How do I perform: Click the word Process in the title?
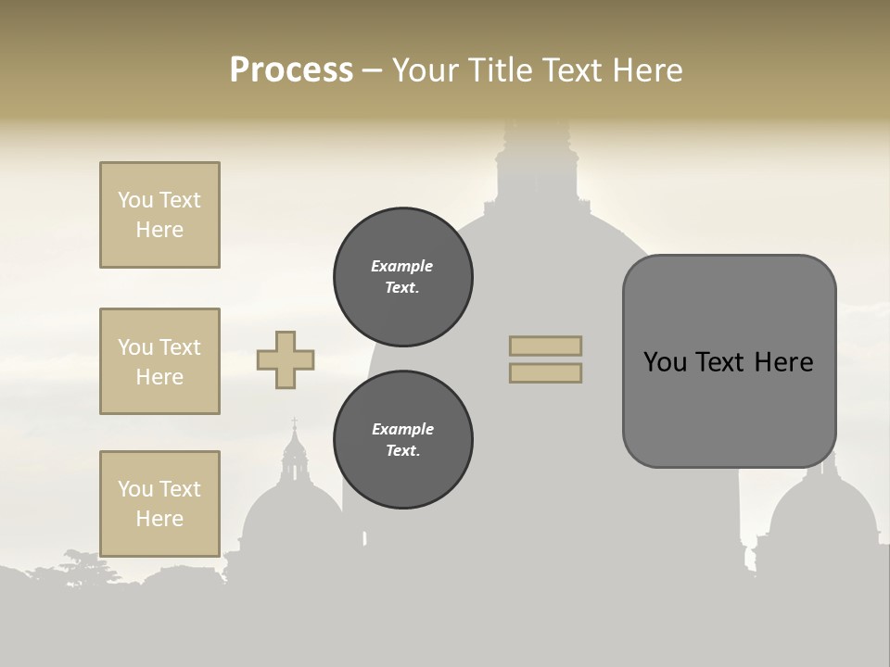click(291, 70)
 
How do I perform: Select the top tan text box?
click(159, 215)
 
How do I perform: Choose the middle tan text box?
click(159, 361)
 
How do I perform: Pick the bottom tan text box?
click(159, 504)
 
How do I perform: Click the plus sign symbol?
click(286, 359)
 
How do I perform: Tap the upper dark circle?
click(403, 277)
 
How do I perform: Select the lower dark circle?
click(403, 440)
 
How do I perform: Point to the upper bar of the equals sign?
click(545, 346)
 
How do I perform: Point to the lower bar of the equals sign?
click(545, 372)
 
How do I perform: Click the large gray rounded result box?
click(729, 361)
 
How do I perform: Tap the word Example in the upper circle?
click(402, 266)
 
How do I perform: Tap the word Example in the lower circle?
click(402, 429)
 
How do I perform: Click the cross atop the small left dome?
click(295, 423)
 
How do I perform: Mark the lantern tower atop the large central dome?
click(537, 167)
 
